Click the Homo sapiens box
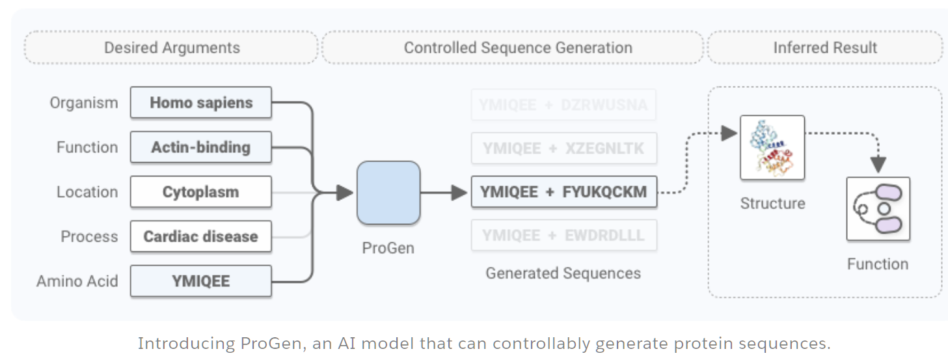point(200,103)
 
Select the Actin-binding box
point(200,147)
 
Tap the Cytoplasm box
point(200,192)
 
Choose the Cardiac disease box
point(200,236)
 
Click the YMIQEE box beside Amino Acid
point(200,281)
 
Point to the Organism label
point(84,103)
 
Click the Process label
point(89,236)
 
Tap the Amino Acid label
point(77,281)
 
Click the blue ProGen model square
point(388,193)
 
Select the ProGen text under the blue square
point(388,248)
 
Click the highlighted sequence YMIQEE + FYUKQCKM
point(563,192)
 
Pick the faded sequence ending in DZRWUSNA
point(563,105)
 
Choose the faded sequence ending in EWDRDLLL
point(563,236)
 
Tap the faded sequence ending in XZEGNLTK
point(563,148)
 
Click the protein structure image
point(772,148)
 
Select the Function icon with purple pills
point(878,210)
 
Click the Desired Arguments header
point(172,48)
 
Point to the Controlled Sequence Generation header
point(518,48)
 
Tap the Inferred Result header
point(825,48)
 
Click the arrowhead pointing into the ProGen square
point(344,193)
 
